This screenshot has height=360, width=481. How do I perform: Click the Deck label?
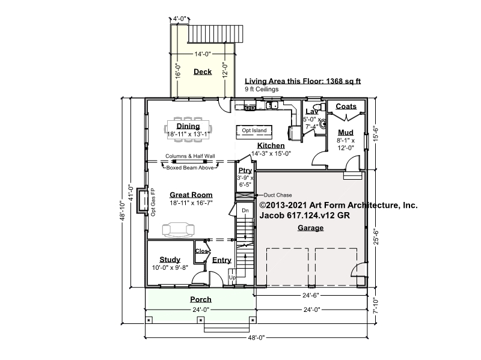(x=203, y=72)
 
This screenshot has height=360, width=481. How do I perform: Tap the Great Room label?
(x=191, y=195)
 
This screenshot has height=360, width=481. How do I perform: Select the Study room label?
(x=170, y=260)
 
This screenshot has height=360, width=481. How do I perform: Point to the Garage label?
(x=310, y=228)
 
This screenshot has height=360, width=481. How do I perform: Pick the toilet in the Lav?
(x=321, y=107)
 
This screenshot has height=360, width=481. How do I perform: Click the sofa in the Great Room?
(x=178, y=230)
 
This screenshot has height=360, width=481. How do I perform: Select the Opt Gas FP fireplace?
(x=142, y=200)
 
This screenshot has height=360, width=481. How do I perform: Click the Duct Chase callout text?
(x=278, y=195)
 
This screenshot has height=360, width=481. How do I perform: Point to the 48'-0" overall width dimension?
(x=256, y=338)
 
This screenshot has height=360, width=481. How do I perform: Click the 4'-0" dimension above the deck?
(x=180, y=19)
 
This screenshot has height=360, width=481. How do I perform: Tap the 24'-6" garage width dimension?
(x=311, y=295)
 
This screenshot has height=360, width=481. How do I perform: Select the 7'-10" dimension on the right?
(x=376, y=306)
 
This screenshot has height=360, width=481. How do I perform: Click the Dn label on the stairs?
(x=245, y=210)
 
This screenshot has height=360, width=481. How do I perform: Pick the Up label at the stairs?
(x=232, y=277)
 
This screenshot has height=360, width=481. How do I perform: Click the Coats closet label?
(x=346, y=106)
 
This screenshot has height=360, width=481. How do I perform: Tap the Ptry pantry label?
(x=245, y=171)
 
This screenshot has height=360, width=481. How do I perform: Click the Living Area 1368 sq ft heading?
(x=302, y=81)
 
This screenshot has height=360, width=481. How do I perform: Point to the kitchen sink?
(x=272, y=105)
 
